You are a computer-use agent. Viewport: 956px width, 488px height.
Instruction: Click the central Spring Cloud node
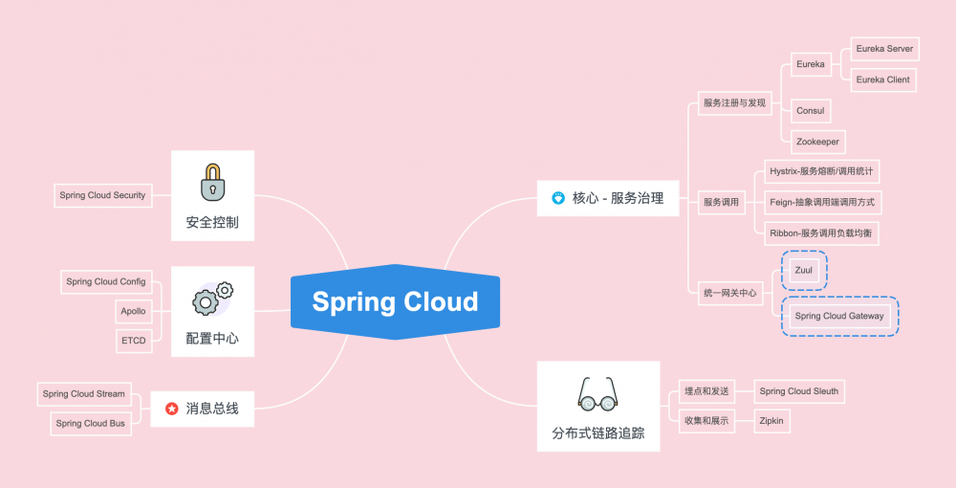tap(395, 302)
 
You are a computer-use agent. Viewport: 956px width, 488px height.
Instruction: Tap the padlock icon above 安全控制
tap(212, 182)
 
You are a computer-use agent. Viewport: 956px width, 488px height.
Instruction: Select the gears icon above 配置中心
tap(213, 299)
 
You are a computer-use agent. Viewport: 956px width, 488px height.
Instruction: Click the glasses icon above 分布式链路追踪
tap(598, 394)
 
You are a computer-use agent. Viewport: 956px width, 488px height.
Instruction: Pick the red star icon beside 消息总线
tap(172, 409)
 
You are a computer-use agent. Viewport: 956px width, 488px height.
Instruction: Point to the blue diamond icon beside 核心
tap(558, 198)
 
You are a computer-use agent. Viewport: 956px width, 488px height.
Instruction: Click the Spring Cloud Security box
tap(103, 195)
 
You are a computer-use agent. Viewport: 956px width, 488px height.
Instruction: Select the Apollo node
tap(133, 311)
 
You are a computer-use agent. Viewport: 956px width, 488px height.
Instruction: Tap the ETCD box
tap(134, 341)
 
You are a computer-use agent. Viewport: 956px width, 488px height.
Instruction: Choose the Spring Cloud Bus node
tap(91, 423)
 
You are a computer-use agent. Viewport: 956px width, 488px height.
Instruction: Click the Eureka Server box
tap(884, 49)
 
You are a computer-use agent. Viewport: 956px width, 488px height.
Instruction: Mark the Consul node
tap(811, 111)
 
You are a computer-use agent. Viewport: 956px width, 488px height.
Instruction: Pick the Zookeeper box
tap(817, 142)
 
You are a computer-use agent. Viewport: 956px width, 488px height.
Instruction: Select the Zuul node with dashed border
tap(804, 270)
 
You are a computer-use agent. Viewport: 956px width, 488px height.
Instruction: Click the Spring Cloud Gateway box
tap(839, 316)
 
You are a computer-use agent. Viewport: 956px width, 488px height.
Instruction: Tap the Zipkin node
tap(771, 421)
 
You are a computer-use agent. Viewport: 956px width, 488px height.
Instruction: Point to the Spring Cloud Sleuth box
tap(799, 391)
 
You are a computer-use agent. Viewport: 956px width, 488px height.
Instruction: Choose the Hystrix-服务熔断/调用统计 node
tap(822, 171)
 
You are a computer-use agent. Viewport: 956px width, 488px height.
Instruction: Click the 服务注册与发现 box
tap(734, 103)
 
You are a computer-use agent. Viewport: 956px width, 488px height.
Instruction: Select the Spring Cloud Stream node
tap(84, 394)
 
